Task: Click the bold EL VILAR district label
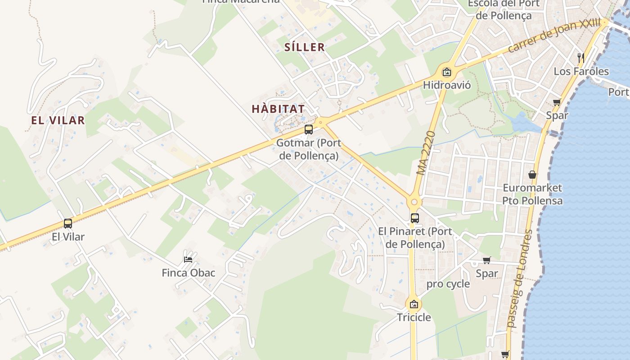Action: click(x=58, y=120)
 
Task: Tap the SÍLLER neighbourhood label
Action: click(x=305, y=47)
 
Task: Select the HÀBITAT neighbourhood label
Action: click(x=278, y=109)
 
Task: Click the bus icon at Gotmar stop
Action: click(x=308, y=130)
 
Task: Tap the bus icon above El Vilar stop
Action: click(x=68, y=223)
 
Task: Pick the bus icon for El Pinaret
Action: click(x=414, y=218)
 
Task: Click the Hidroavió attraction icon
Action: click(x=446, y=72)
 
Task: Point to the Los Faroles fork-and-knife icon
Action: click(x=581, y=58)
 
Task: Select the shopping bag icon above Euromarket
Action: click(x=532, y=175)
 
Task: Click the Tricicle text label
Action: click(x=414, y=317)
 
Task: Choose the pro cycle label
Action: click(x=448, y=284)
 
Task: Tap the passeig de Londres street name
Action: click(x=519, y=279)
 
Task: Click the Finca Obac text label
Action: click(x=189, y=273)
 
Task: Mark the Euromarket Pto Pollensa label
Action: click(x=532, y=194)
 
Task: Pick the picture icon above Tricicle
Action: click(x=414, y=304)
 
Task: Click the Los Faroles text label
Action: click(x=581, y=71)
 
